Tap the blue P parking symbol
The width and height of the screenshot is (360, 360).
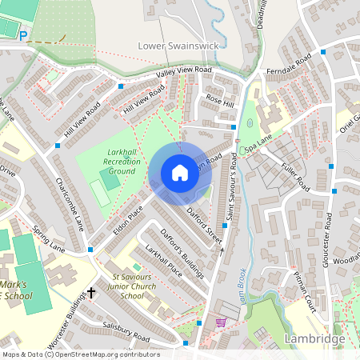pos(23,35)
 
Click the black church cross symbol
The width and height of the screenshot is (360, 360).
pos(91,294)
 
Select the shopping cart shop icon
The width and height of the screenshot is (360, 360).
pos(221,323)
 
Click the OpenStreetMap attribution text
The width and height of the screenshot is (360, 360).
pos(80,354)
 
